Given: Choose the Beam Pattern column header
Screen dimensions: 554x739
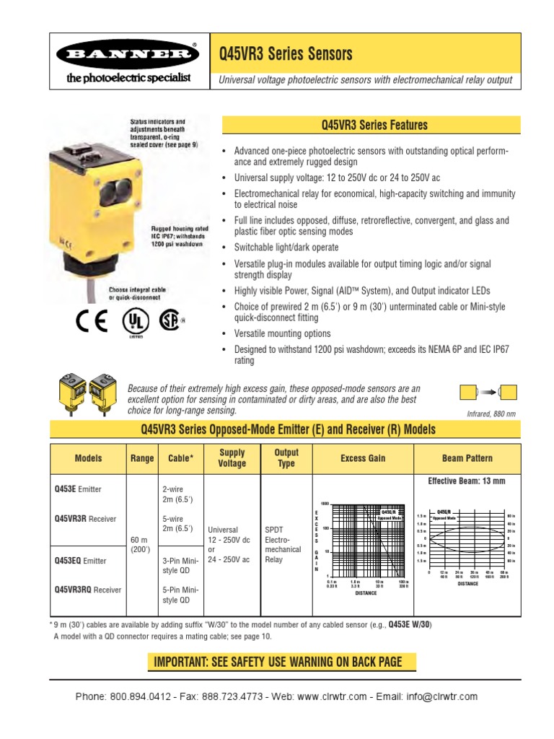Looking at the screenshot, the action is tap(467, 458).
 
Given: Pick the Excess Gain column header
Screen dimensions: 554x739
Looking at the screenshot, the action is tap(363, 458).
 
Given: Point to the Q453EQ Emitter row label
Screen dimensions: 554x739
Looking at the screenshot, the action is tap(79, 560).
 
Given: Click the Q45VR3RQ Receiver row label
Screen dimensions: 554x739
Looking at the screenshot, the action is tap(87, 590).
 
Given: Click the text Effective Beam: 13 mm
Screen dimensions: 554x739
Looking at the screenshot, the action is tap(467, 481).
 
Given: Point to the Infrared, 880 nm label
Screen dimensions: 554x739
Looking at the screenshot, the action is tap(493, 414).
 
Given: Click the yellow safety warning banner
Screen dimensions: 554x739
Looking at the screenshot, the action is tap(277, 662).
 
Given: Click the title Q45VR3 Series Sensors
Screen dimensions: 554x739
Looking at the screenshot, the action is tap(286, 55).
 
